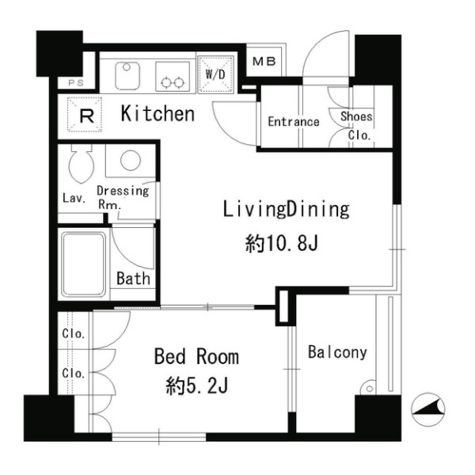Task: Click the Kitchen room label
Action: (x=158, y=114)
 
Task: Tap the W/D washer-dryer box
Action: (x=215, y=74)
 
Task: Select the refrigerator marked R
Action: (x=85, y=115)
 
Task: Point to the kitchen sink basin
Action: (x=127, y=76)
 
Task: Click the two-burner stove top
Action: (x=173, y=76)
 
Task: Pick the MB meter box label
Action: (x=264, y=62)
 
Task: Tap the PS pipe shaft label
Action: (x=76, y=82)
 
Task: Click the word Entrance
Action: (x=294, y=122)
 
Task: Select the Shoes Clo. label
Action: (x=356, y=125)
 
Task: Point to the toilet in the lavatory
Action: (x=81, y=164)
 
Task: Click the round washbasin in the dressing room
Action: (x=131, y=160)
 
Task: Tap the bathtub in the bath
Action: (x=84, y=264)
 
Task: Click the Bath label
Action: (x=133, y=279)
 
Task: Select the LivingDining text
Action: (x=287, y=210)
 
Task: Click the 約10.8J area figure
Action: (x=282, y=243)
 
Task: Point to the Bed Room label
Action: (x=196, y=356)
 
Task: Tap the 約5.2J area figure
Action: (x=197, y=386)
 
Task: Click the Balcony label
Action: (x=337, y=352)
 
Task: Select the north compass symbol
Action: (x=428, y=409)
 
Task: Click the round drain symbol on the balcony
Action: (x=369, y=388)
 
